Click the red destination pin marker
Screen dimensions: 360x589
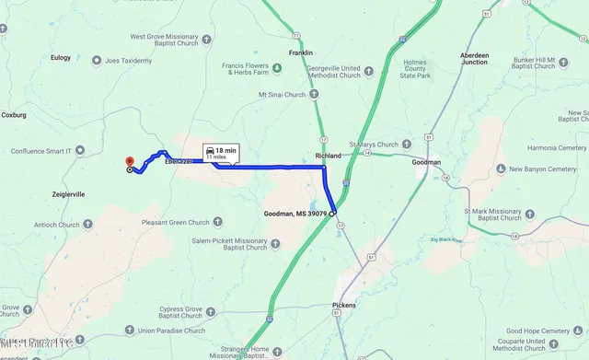[x=130, y=161]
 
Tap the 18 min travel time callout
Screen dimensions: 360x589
[x=221, y=153]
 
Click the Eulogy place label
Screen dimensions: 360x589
[x=60, y=58]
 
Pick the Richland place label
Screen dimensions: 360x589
[x=328, y=156]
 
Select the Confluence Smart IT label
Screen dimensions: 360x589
[x=41, y=150]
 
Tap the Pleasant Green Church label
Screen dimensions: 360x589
[x=176, y=222]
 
